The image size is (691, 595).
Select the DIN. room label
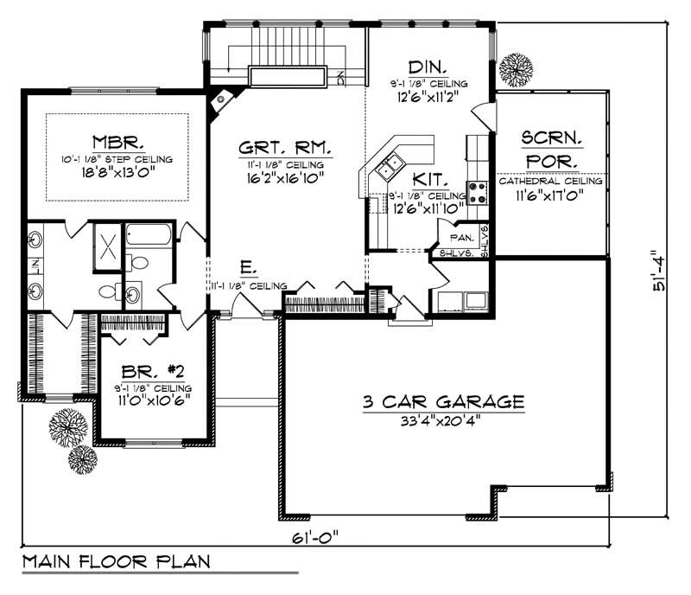click(x=428, y=66)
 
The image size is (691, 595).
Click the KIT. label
click(x=428, y=179)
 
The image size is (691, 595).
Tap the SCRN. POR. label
click(x=548, y=149)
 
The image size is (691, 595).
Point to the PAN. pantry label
click(x=458, y=235)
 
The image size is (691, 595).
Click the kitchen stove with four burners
click(x=478, y=190)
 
